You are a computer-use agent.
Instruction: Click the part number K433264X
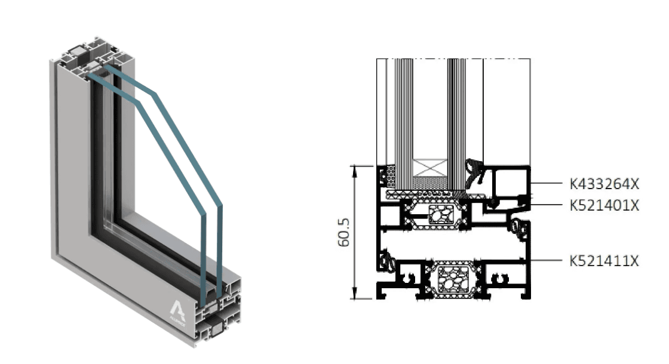click(x=604, y=183)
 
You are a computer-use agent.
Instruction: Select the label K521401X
click(x=604, y=205)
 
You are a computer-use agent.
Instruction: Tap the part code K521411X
click(x=604, y=261)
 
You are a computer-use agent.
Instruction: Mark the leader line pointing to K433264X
click(x=547, y=183)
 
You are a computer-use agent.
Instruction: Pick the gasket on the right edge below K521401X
click(x=518, y=226)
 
